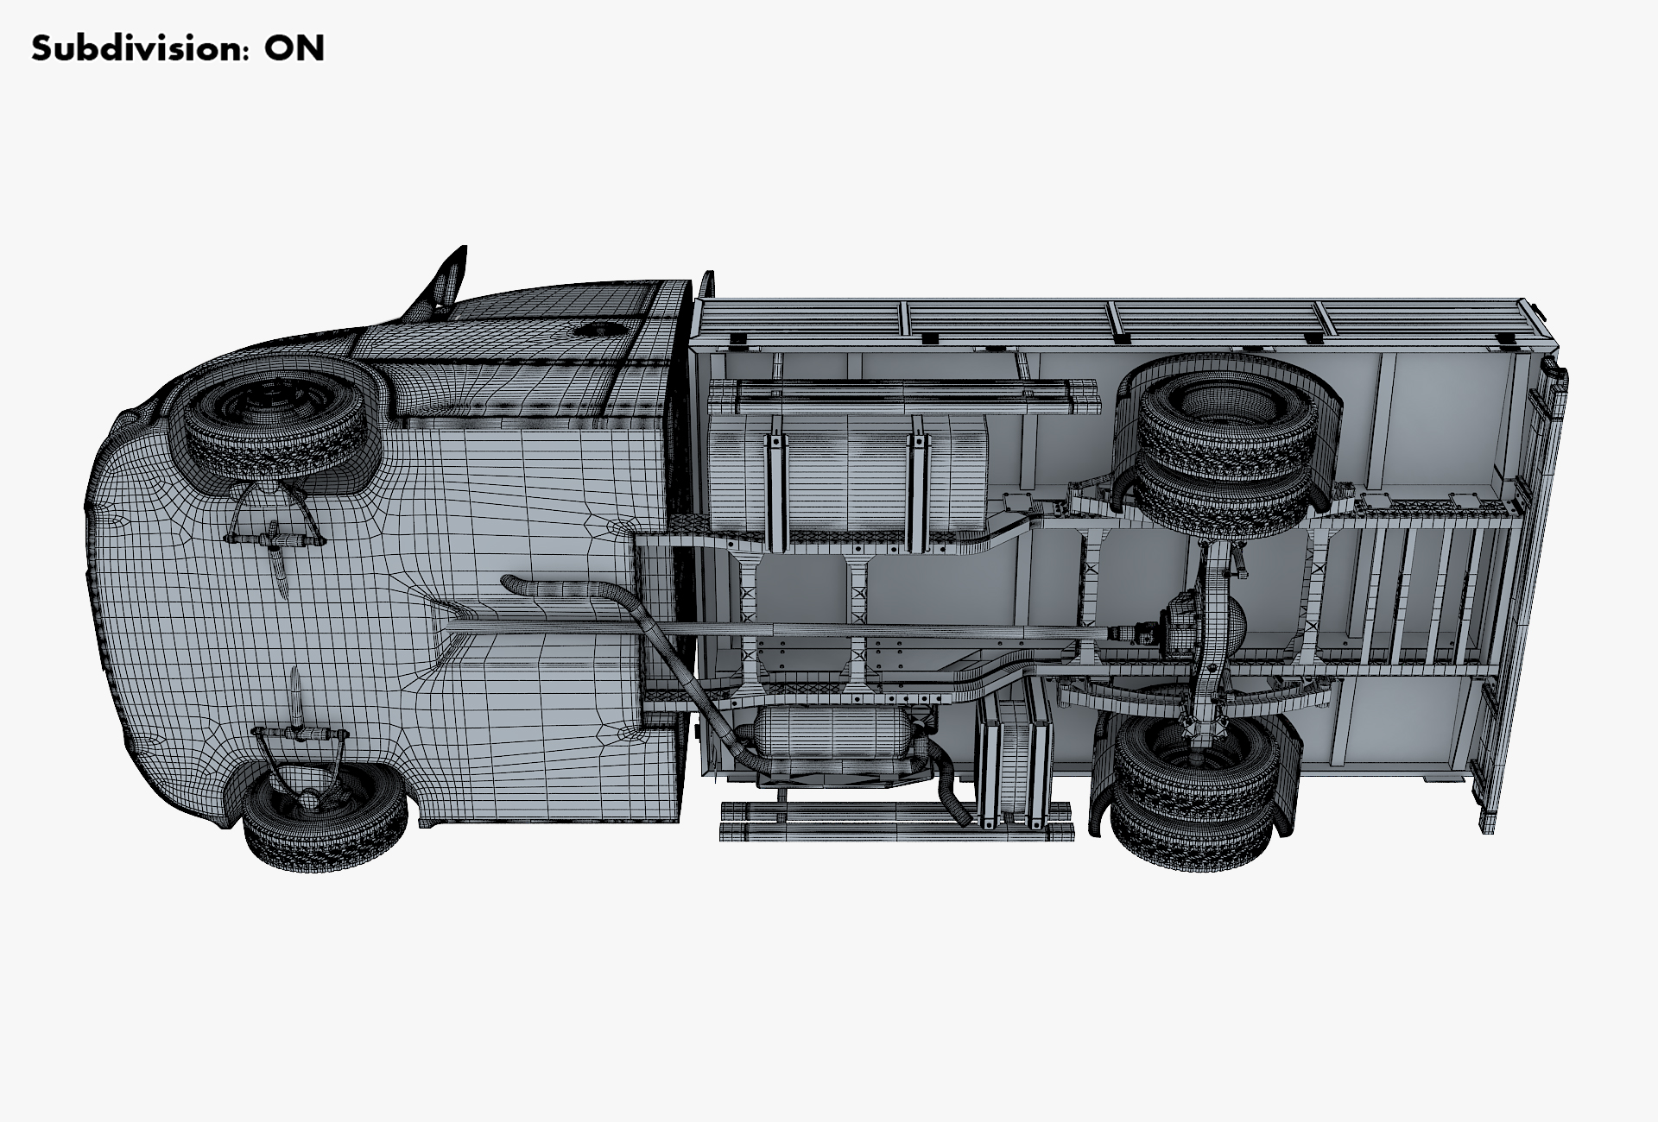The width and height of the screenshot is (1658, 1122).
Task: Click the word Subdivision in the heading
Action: [136, 48]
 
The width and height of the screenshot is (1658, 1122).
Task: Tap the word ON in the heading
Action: [294, 48]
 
